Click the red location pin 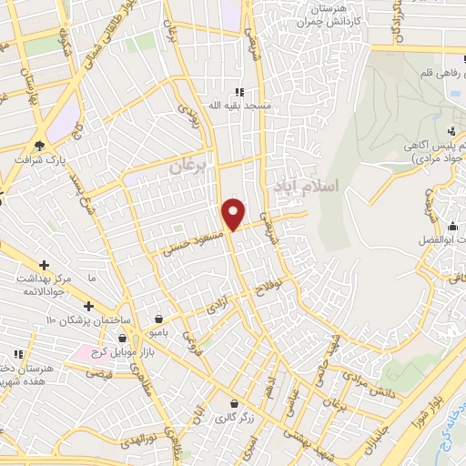[x=234, y=214]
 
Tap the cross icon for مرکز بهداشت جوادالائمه [x=44, y=264]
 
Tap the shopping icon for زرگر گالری [x=236, y=403]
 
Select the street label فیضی [x=96, y=372]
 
